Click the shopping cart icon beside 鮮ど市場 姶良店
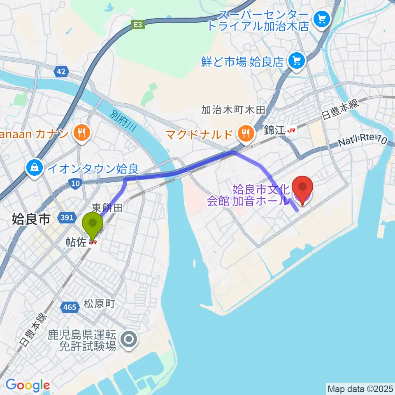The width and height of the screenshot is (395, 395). pyautogui.click(x=296, y=61)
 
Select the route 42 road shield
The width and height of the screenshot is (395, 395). pyautogui.click(x=61, y=72)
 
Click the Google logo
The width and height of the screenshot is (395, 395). pyautogui.click(x=28, y=385)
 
